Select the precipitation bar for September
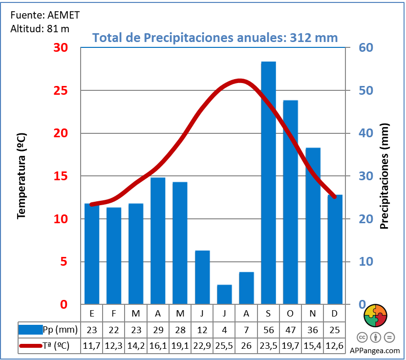tap(268, 183)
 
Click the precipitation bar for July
tap(224, 294)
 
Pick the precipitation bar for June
tap(202, 277)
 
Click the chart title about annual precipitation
tap(215, 38)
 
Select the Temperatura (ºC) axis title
tap(21, 176)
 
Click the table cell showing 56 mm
tap(268, 330)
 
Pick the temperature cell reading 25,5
tap(224, 346)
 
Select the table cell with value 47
tap(290, 330)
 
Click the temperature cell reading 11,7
tap(92, 346)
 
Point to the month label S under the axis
tap(268, 313)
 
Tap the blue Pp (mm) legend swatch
tap(30, 330)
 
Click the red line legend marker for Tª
tap(30, 346)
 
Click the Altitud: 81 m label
tap(40, 28)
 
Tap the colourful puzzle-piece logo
tap(376, 316)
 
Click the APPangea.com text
tap(375, 350)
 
